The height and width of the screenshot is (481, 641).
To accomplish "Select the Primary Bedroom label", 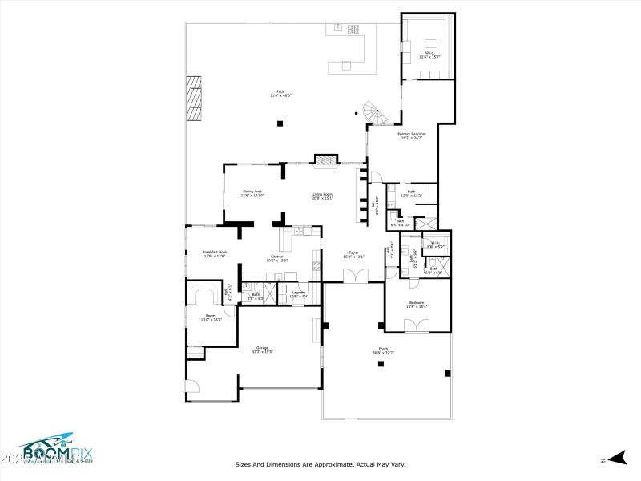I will [411, 135].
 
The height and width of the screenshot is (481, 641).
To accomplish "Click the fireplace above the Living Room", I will [325, 160].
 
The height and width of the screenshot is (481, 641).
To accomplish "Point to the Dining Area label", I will [253, 193].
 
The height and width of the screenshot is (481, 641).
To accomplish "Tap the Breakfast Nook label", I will [214, 254].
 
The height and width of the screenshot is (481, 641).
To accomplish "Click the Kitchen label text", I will [276, 259].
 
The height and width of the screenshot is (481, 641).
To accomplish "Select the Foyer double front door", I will [354, 276].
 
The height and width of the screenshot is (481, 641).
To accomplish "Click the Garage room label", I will [262, 349].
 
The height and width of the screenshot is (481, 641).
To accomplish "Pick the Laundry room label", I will [298, 294].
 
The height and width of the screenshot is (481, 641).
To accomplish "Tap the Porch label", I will [383, 350].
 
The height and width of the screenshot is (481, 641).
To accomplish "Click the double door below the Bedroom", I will [417, 325].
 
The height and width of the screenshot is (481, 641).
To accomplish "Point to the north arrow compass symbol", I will [615, 458].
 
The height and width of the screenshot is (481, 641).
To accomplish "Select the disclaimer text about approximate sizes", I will [320, 463].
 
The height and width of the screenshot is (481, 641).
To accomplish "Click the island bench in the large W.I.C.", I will [430, 43].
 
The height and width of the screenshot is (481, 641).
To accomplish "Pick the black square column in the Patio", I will [280, 123].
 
